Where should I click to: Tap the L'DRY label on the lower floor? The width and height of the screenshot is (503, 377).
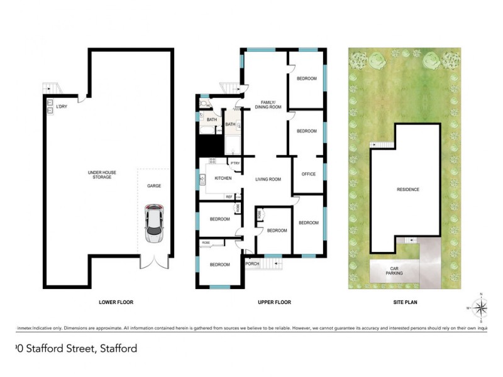click(62, 107)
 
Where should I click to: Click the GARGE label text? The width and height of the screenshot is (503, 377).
click(154, 186)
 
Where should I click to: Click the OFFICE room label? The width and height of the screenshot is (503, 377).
click(308, 174)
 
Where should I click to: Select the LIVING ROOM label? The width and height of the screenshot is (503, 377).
click(268, 180)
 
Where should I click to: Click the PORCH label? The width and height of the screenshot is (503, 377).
click(252, 263)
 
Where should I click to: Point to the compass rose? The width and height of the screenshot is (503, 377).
click(481, 307)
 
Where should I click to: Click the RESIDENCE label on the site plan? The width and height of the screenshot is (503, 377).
click(407, 189)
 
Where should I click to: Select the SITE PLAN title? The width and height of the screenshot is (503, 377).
click(406, 302)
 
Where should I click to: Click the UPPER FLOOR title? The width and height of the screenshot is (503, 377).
click(275, 302)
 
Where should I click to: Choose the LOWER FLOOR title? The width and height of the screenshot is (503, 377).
click(116, 302)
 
